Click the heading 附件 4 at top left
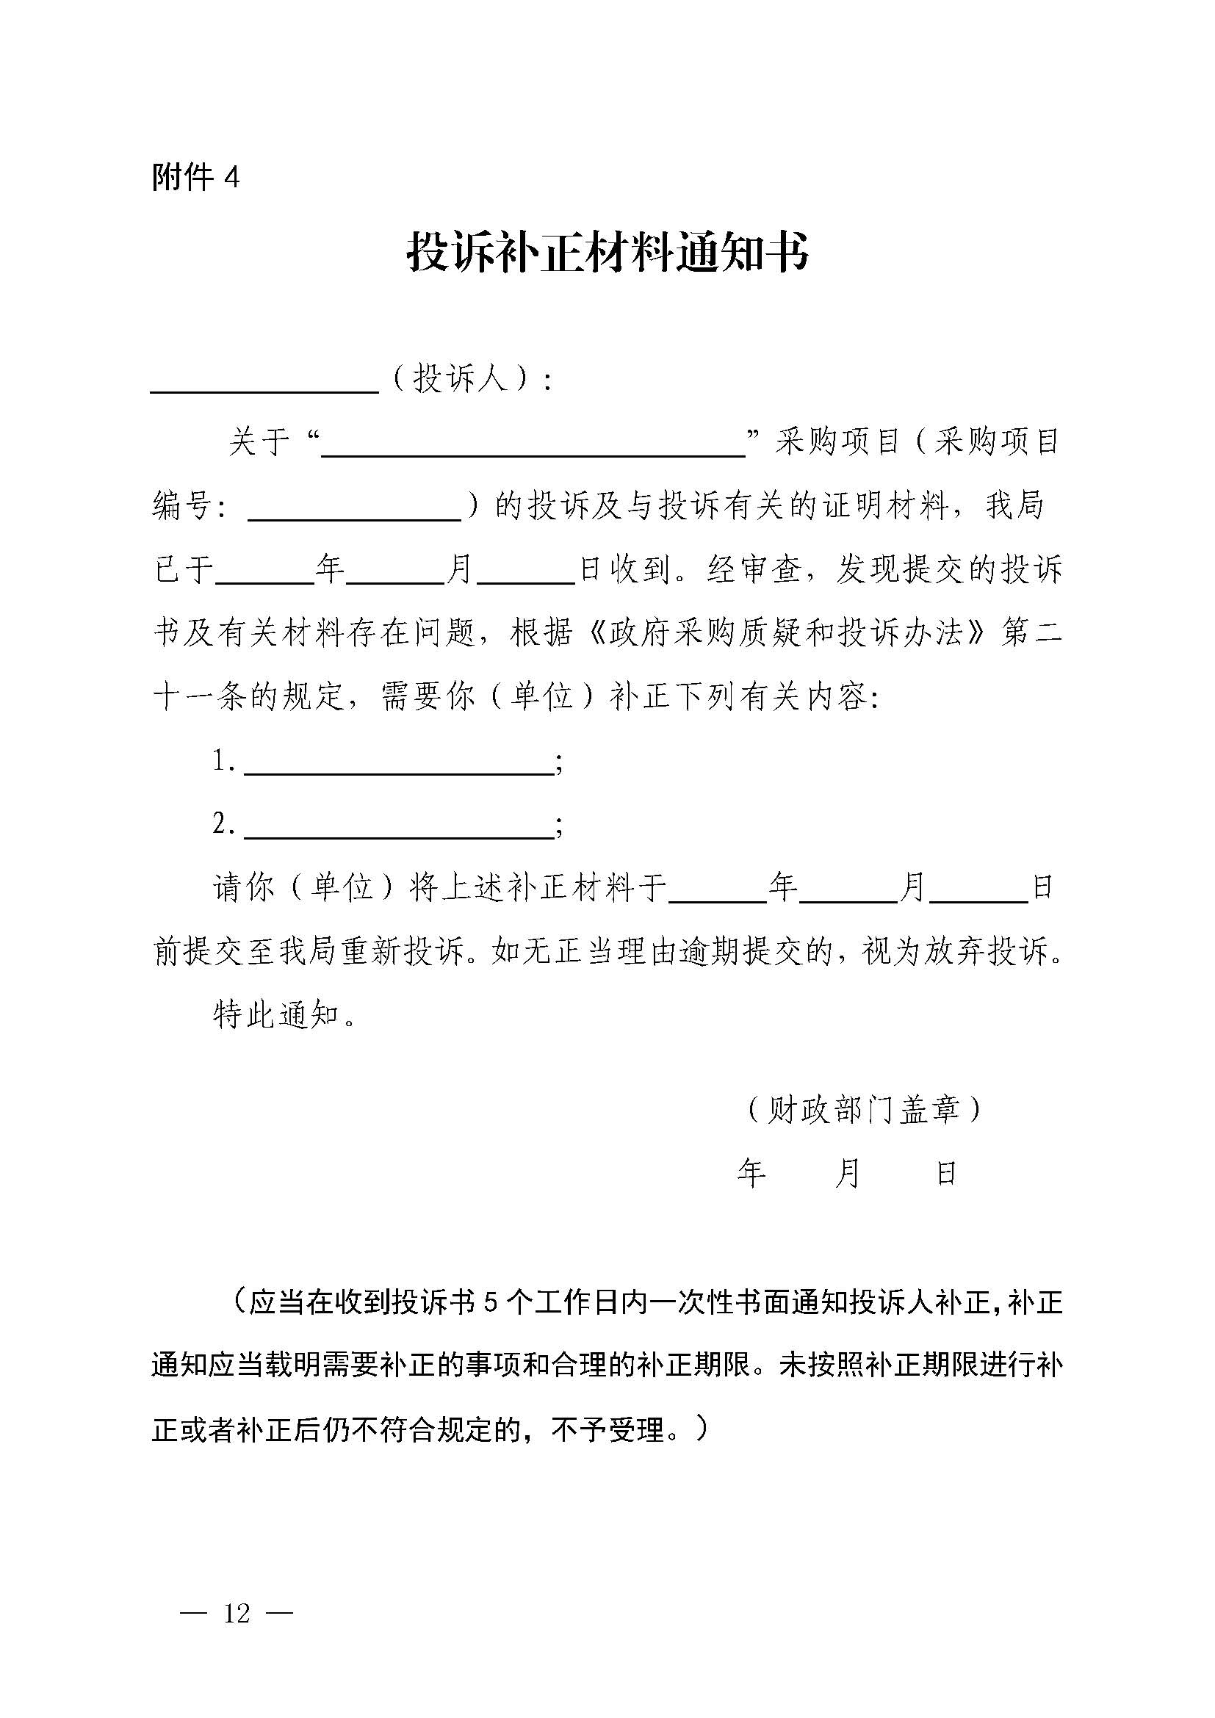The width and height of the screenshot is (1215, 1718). click(195, 177)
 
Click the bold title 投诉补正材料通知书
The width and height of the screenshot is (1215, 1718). click(607, 251)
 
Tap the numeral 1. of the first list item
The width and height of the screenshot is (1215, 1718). click(224, 762)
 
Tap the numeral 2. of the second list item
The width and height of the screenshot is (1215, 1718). click(224, 825)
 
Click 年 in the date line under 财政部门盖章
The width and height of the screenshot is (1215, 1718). click(752, 1173)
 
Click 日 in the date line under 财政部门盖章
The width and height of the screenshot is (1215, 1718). click(946, 1173)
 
